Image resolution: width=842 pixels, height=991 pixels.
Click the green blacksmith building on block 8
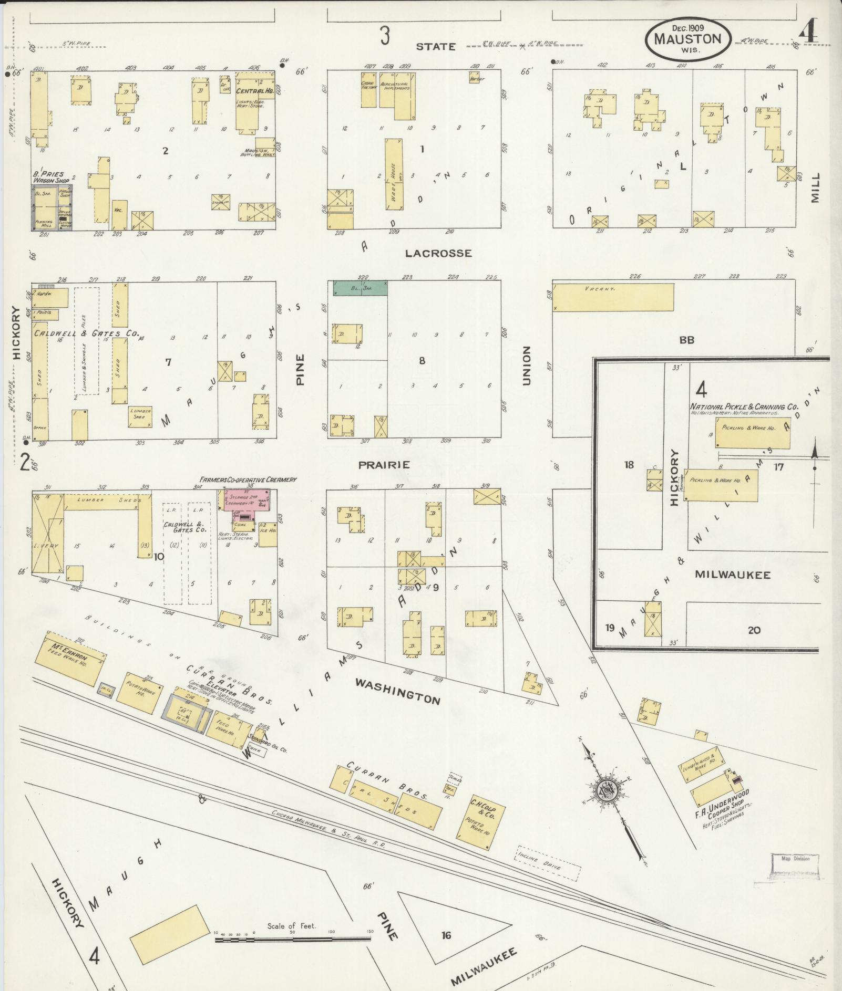[360, 288]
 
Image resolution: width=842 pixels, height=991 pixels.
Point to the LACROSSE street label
[438, 254]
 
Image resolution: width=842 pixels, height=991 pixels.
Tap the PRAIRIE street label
[384, 465]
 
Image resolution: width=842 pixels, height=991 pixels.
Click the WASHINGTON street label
[397, 691]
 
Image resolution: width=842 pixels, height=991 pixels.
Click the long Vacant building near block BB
[613, 298]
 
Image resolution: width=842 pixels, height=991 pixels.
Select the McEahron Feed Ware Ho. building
[70, 661]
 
